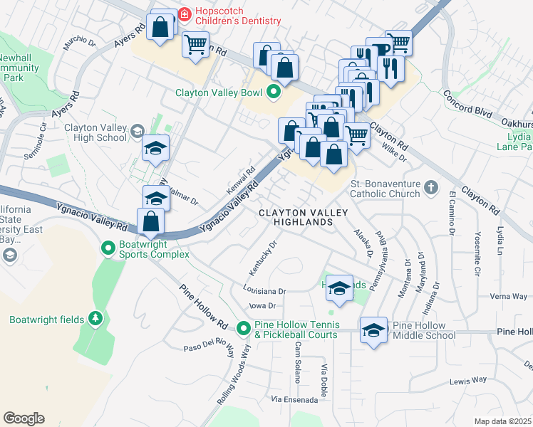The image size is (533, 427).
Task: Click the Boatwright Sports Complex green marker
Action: tap(108, 248)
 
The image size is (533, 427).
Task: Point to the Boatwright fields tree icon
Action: tap(94, 319)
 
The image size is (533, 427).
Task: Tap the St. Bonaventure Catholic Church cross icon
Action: tap(430, 188)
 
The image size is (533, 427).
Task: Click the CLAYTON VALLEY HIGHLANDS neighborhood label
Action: tap(303, 217)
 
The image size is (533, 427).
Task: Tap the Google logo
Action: tap(24, 418)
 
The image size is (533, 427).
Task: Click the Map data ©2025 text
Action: tap(502, 421)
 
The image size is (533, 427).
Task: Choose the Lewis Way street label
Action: tap(468, 381)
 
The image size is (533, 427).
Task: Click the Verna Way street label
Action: tap(508, 297)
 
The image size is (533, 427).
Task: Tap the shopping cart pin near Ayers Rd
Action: tap(195, 45)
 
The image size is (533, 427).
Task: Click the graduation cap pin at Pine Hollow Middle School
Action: tap(373, 330)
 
